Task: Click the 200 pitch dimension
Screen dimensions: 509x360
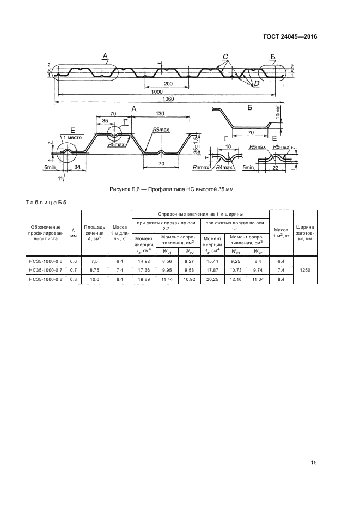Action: coord(167,84)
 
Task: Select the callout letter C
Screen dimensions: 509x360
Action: coord(224,57)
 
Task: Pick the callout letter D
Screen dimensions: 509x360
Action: coord(255,84)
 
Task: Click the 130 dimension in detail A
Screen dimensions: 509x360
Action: coord(160,114)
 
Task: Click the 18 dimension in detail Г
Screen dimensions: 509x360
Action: coord(228,146)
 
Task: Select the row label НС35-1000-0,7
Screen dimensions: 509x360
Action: coord(46,269)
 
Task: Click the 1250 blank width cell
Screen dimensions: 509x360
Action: coord(305,269)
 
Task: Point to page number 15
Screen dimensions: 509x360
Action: coord(314,463)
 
